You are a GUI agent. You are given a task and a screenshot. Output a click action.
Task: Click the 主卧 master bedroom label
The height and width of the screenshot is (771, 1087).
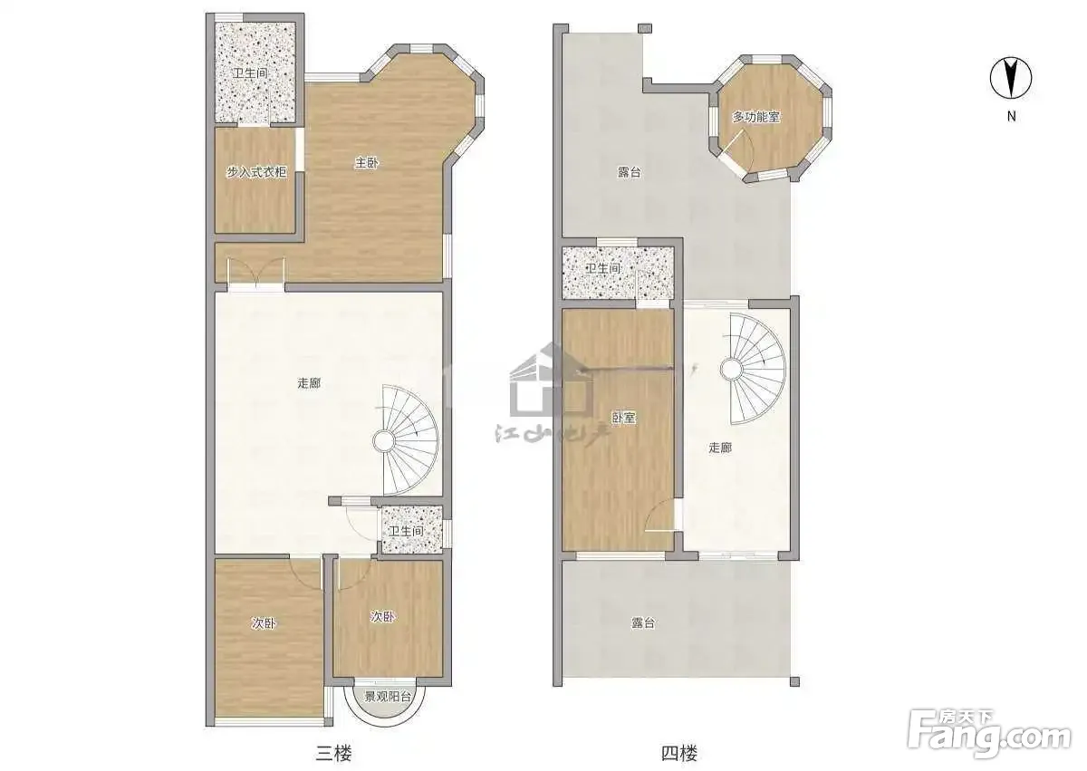(x=366, y=163)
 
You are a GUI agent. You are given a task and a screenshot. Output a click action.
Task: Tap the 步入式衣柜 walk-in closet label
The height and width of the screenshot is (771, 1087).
(x=256, y=172)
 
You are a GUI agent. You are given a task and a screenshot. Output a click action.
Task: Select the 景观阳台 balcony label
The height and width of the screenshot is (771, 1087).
(x=388, y=698)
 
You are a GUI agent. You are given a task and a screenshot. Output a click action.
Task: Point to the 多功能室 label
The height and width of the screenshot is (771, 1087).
(x=756, y=117)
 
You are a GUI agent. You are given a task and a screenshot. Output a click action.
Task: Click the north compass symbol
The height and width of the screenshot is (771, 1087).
(x=1011, y=78)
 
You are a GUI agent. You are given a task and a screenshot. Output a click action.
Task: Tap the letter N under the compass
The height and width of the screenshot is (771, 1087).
(x=1011, y=117)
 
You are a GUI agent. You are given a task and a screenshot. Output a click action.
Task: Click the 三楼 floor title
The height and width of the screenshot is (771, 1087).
(x=333, y=753)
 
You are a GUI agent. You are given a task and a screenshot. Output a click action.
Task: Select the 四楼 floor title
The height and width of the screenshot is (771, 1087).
(x=678, y=753)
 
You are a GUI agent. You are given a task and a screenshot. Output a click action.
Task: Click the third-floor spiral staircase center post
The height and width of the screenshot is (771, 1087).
(x=383, y=441)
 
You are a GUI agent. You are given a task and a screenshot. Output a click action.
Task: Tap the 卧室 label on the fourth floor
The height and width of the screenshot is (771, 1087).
(x=623, y=418)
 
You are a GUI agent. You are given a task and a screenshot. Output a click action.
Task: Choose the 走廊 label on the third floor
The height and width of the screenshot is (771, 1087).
(x=309, y=383)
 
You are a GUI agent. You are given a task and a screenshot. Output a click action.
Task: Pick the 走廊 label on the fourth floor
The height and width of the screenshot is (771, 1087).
(x=720, y=448)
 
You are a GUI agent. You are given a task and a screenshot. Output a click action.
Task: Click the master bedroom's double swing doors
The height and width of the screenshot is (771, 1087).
(x=256, y=274)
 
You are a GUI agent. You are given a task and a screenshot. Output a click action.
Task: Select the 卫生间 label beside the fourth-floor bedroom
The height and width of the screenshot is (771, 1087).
(x=603, y=268)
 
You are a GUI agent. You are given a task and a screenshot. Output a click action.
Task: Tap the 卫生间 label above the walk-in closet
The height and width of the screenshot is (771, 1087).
(x=250, y=73)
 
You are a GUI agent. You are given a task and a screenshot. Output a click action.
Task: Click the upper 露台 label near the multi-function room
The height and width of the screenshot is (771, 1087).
(x=629, y=172)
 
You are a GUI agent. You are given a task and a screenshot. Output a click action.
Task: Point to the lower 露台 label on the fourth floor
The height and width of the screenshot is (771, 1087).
(x=643, y=622)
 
